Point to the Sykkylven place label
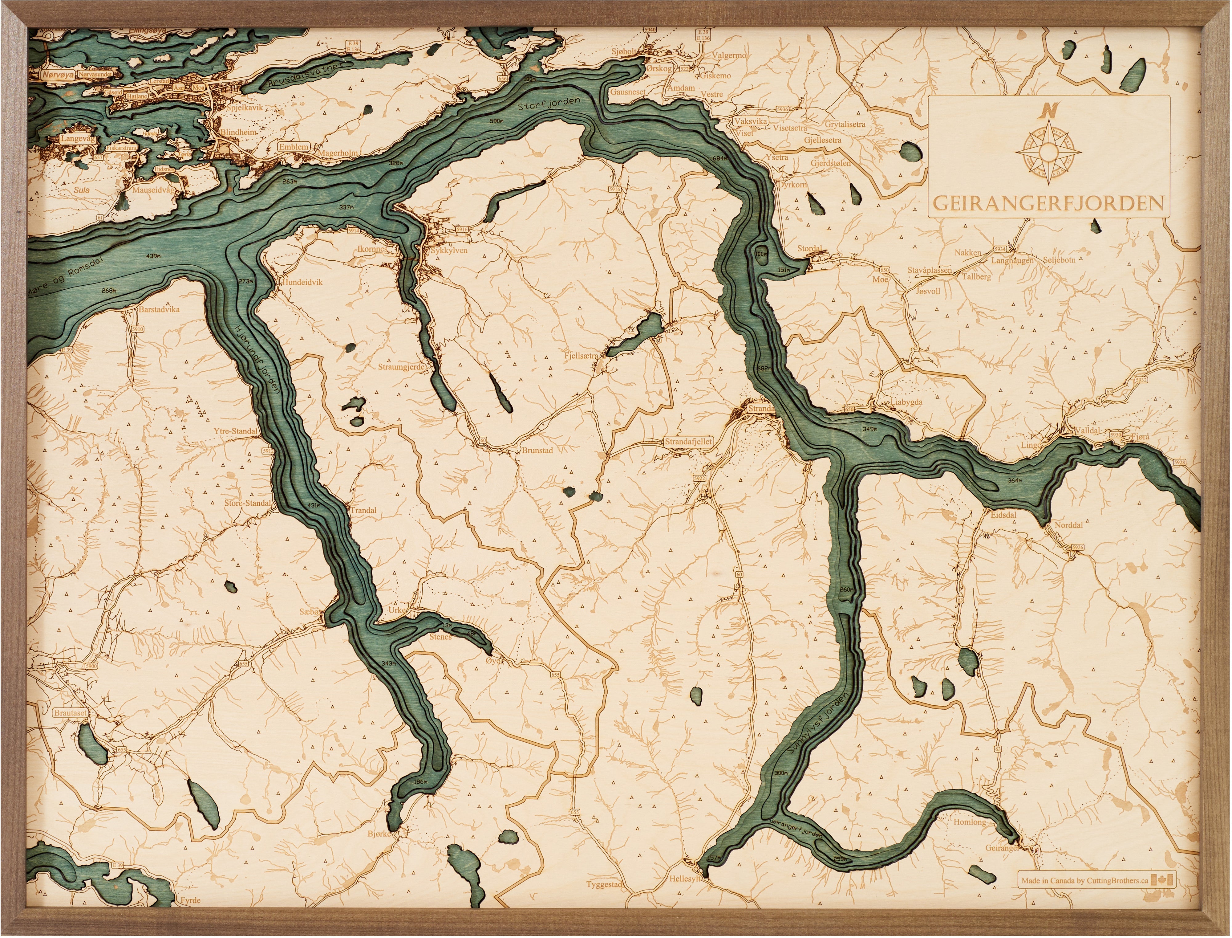click(449, 251)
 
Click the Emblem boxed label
click(294, 147)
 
